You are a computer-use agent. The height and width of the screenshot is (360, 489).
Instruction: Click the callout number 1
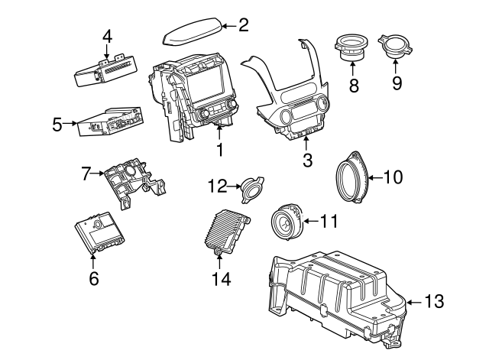coord(219,151)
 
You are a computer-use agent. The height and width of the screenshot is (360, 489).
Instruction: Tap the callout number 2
coord(243,26)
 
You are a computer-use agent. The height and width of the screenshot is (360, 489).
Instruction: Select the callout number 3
coord(307,161)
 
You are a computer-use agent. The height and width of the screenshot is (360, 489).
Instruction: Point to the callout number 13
coord(433,302)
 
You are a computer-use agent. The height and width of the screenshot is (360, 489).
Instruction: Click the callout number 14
coord(220,279)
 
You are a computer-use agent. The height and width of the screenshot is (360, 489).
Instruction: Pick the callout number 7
coord(86,174)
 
